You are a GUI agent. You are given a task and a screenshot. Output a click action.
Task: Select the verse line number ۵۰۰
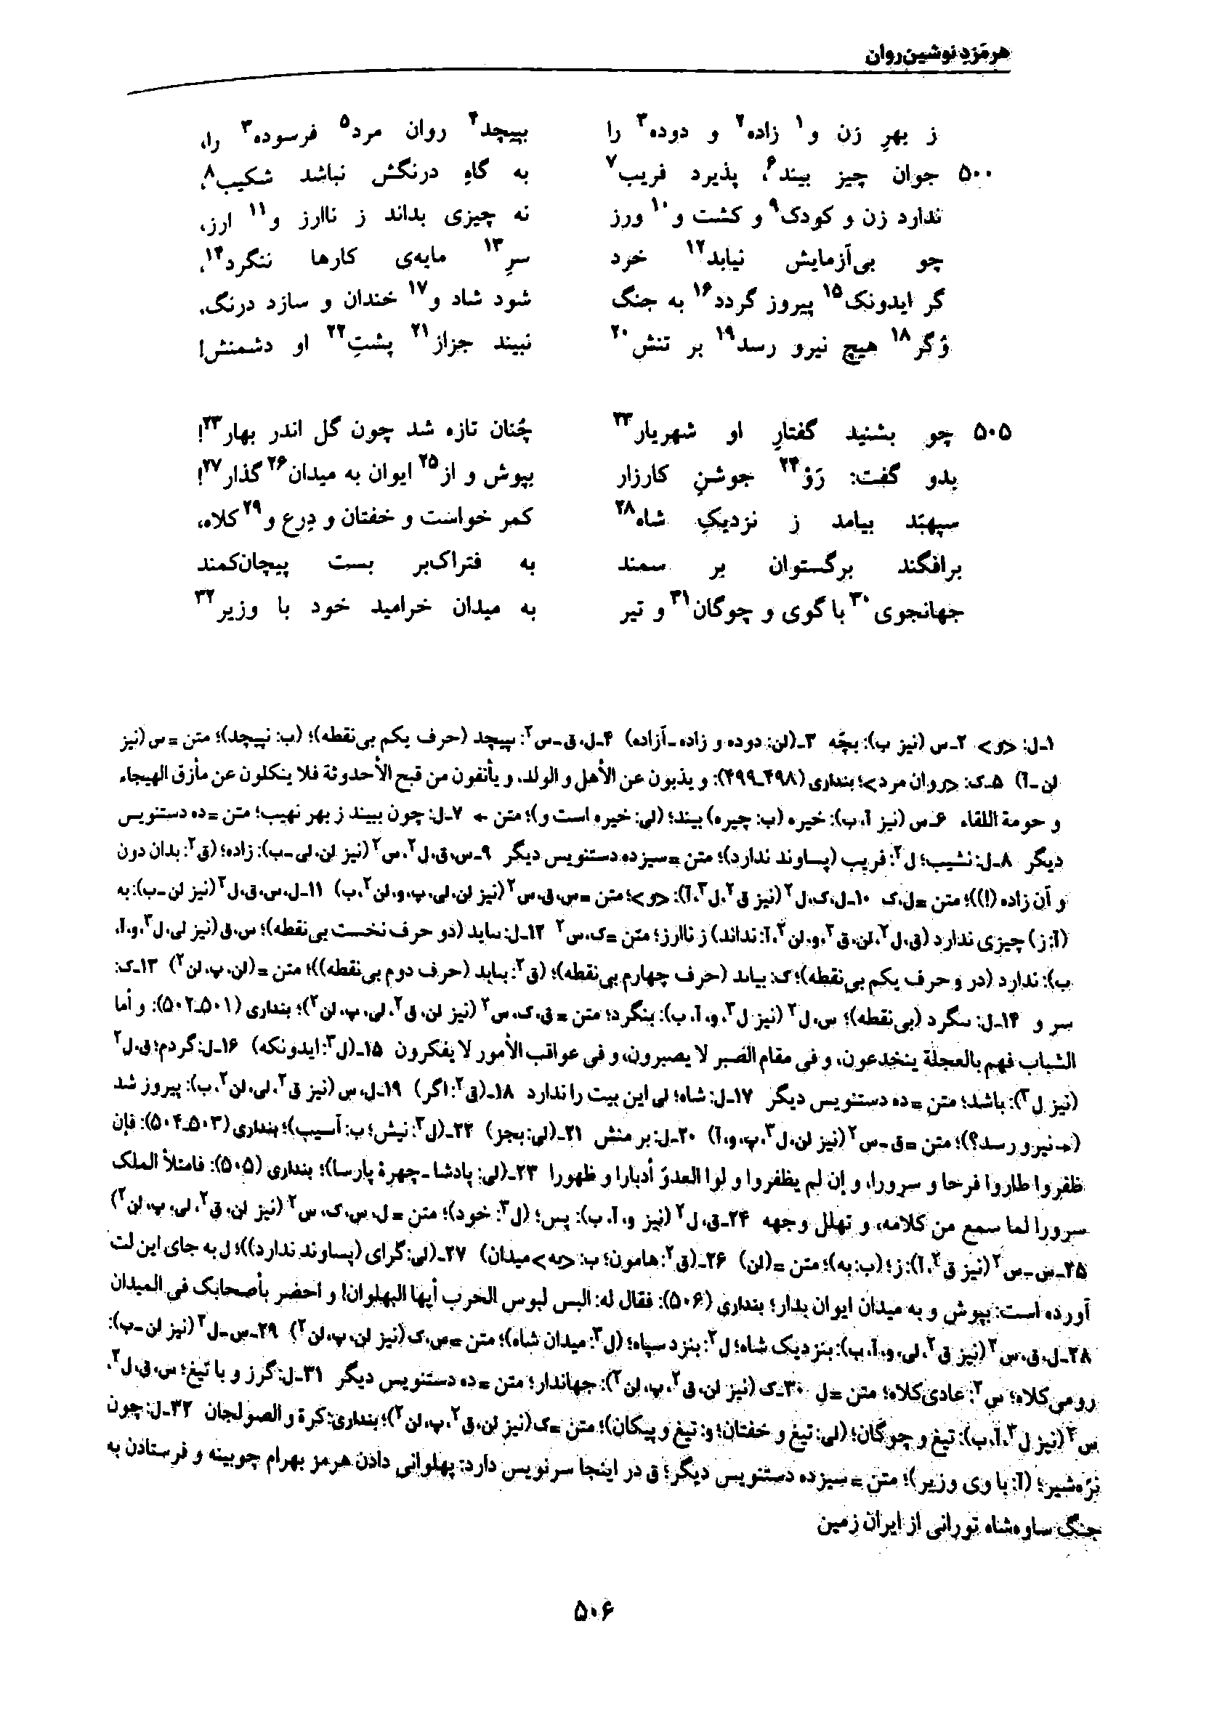click(x=976, y=177)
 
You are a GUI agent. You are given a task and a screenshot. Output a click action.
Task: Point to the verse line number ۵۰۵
click(x=992, y=434)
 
